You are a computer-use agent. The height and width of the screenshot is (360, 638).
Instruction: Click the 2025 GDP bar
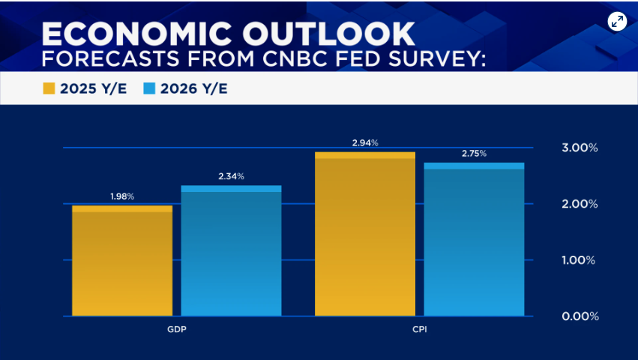coord(122,261)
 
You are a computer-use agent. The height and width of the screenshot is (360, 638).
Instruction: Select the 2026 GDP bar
coord(231,251)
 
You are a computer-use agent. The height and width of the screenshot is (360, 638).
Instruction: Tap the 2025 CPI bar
coord(365,234)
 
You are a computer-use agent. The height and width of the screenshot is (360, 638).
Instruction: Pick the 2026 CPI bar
coord(474,239)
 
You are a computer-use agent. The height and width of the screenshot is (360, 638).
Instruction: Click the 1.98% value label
coord(122,196)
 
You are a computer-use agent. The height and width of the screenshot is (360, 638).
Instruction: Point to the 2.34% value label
coord(231,176)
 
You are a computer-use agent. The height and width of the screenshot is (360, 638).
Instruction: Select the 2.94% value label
coord(365,142)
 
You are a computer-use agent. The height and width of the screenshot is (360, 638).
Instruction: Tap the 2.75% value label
coord(474,153)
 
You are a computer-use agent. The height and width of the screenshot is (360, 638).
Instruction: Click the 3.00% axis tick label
coord(580,148)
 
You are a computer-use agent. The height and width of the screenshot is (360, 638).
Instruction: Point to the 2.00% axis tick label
coord(580,204)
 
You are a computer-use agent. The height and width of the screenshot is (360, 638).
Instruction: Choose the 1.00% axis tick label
coord(580,260)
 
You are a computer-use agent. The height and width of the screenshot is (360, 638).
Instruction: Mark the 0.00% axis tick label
coord(580,316)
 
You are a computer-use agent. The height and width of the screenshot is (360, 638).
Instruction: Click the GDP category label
coord(177,330)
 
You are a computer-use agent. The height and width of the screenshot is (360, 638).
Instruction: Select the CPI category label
coord(420,330)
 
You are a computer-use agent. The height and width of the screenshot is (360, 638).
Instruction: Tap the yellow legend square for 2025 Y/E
coord(49,89)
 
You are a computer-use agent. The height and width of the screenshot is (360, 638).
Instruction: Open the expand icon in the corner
coord(617,22)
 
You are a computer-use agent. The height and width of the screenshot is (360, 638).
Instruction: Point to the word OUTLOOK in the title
coord(334,33)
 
